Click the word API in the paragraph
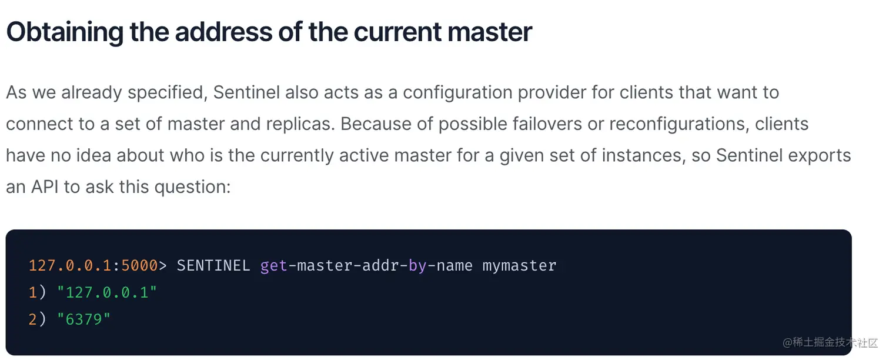coord(44,186)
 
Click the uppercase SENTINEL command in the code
coord(213,265)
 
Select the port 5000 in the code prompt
coord(139,265)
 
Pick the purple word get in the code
coord(273,265)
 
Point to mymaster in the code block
coord(519,265)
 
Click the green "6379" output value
coord(83,320)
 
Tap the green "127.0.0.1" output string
coord(107,292)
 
